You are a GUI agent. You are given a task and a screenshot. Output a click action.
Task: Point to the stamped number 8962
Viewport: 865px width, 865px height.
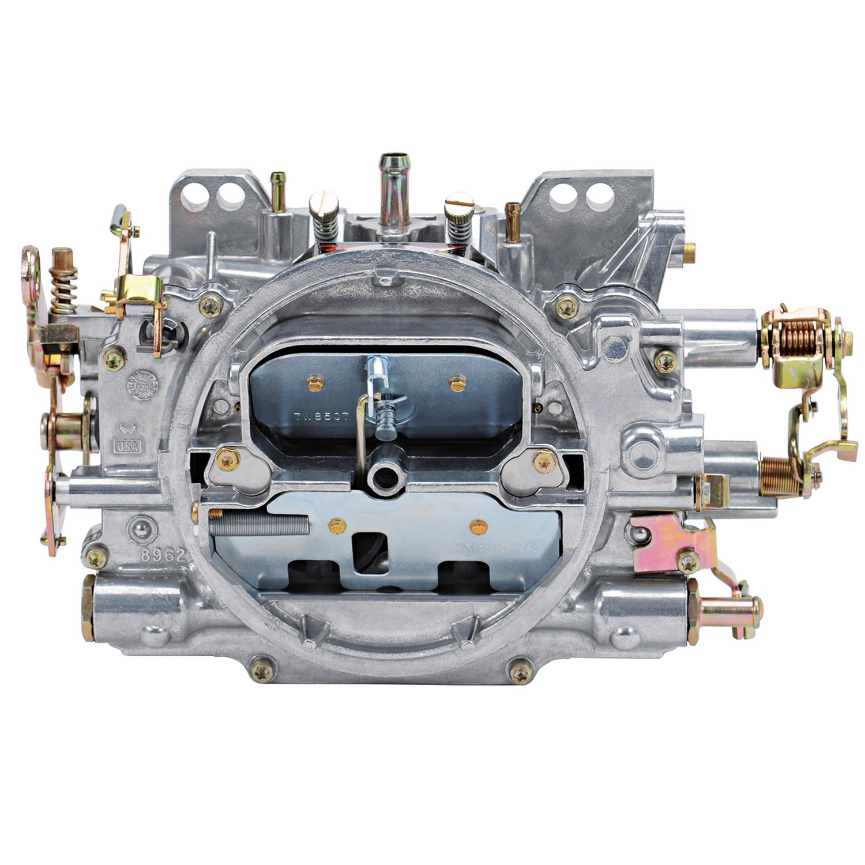coord(154,555)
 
